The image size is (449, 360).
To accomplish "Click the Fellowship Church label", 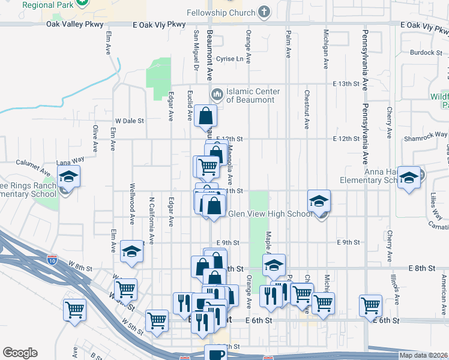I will (x=220, y=13).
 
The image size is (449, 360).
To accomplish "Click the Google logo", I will (x=20, y=353).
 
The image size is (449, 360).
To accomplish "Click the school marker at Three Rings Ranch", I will (x=69, y=178).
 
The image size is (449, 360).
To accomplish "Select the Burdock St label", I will (x=426, y=52).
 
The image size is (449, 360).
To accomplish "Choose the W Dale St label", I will (x=130, y=120).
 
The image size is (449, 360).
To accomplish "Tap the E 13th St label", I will (x=346, y=83).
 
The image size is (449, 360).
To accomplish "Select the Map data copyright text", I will (x=423, y=355).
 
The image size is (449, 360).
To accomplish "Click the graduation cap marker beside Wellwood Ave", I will (x=131, y=252).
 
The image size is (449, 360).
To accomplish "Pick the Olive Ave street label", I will (x=95, y=138).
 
